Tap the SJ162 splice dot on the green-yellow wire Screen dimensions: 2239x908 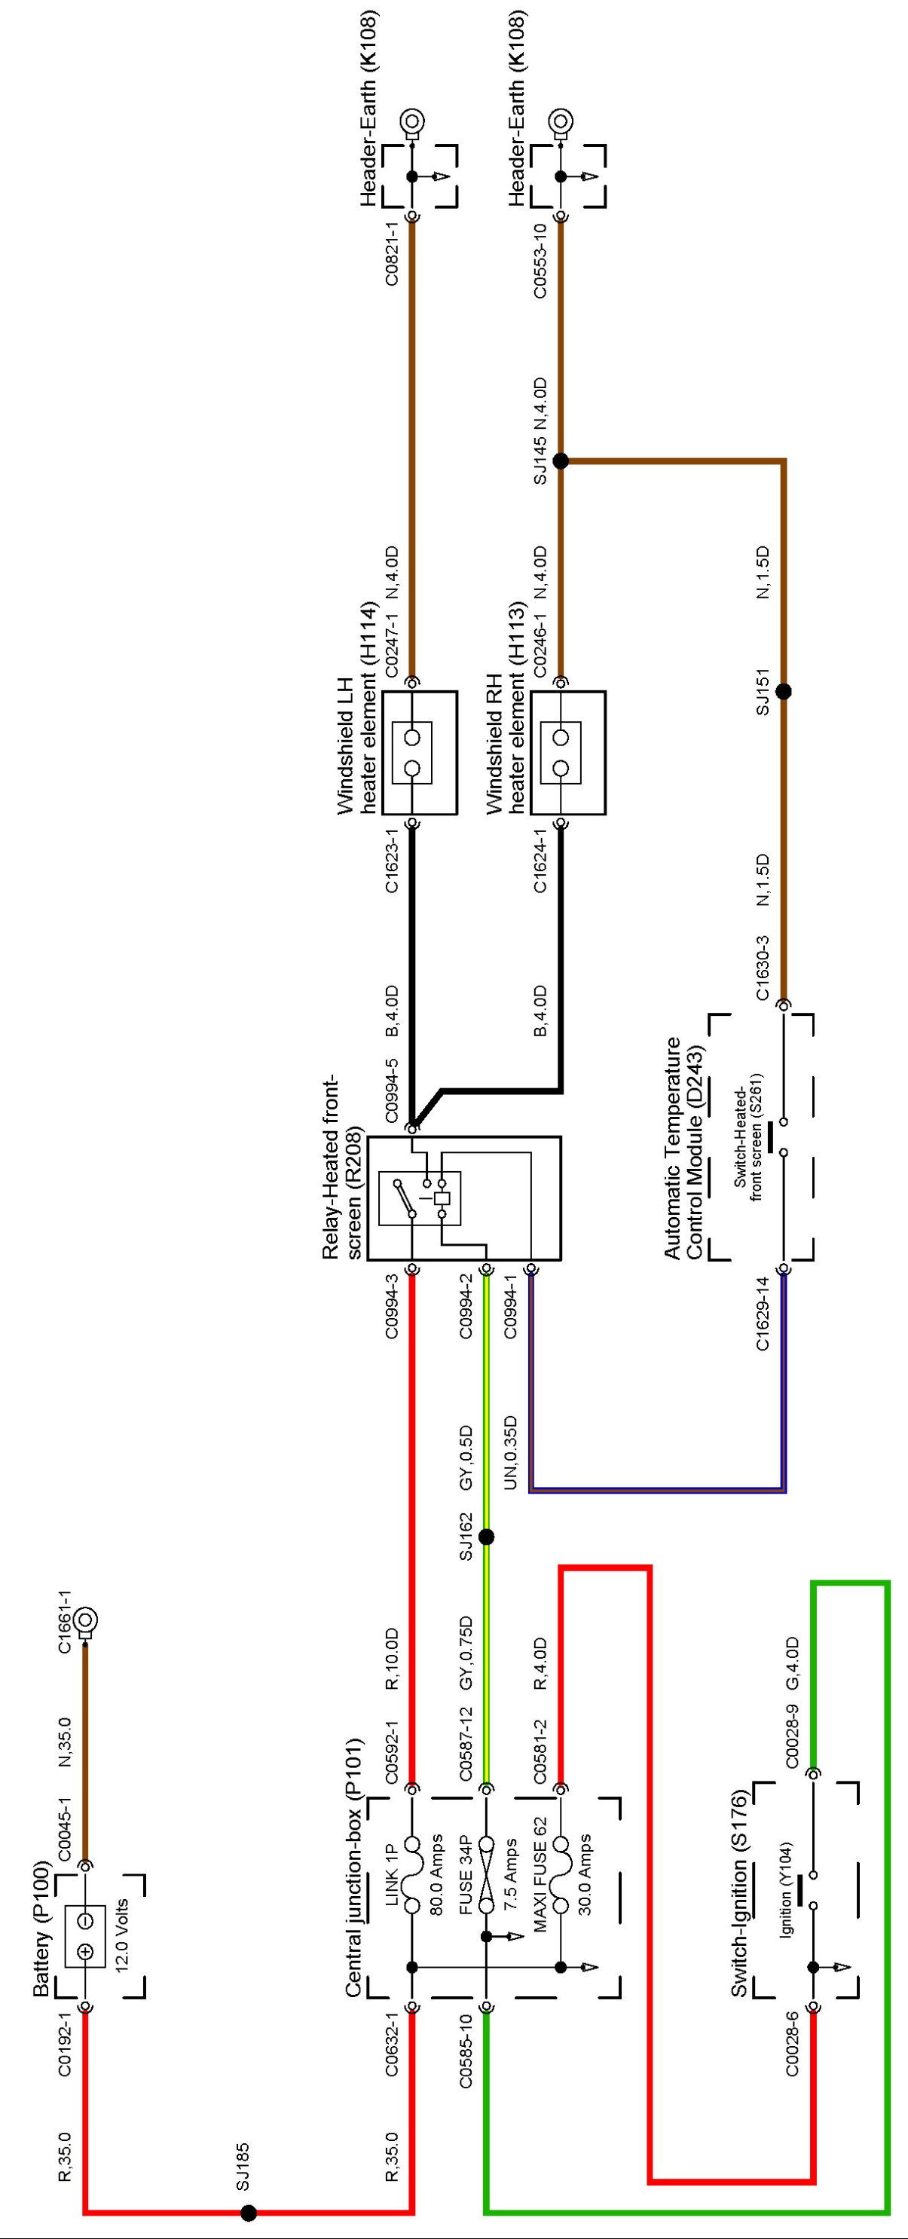pyautogui.click(x=487, y=1537)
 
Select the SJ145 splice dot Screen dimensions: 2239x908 pyautogui.click(x=561, y=460)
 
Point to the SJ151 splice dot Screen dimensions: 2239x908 pyautogui.click(x=783, y=692)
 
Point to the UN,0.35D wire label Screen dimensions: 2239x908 pyautogui.click(x=511, y=1452)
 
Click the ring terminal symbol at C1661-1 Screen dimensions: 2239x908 pyautogui.click(x=85, y=1621)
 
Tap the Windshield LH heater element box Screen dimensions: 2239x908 pyautogui.click(x=420, y=753)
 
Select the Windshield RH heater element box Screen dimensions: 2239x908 pyautogui.click(x=568, y=753)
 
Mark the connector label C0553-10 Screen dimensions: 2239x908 pyautogui.click(x=540, y=261)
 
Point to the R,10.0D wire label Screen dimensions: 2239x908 pyautogui.click(x=391, y=1659)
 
